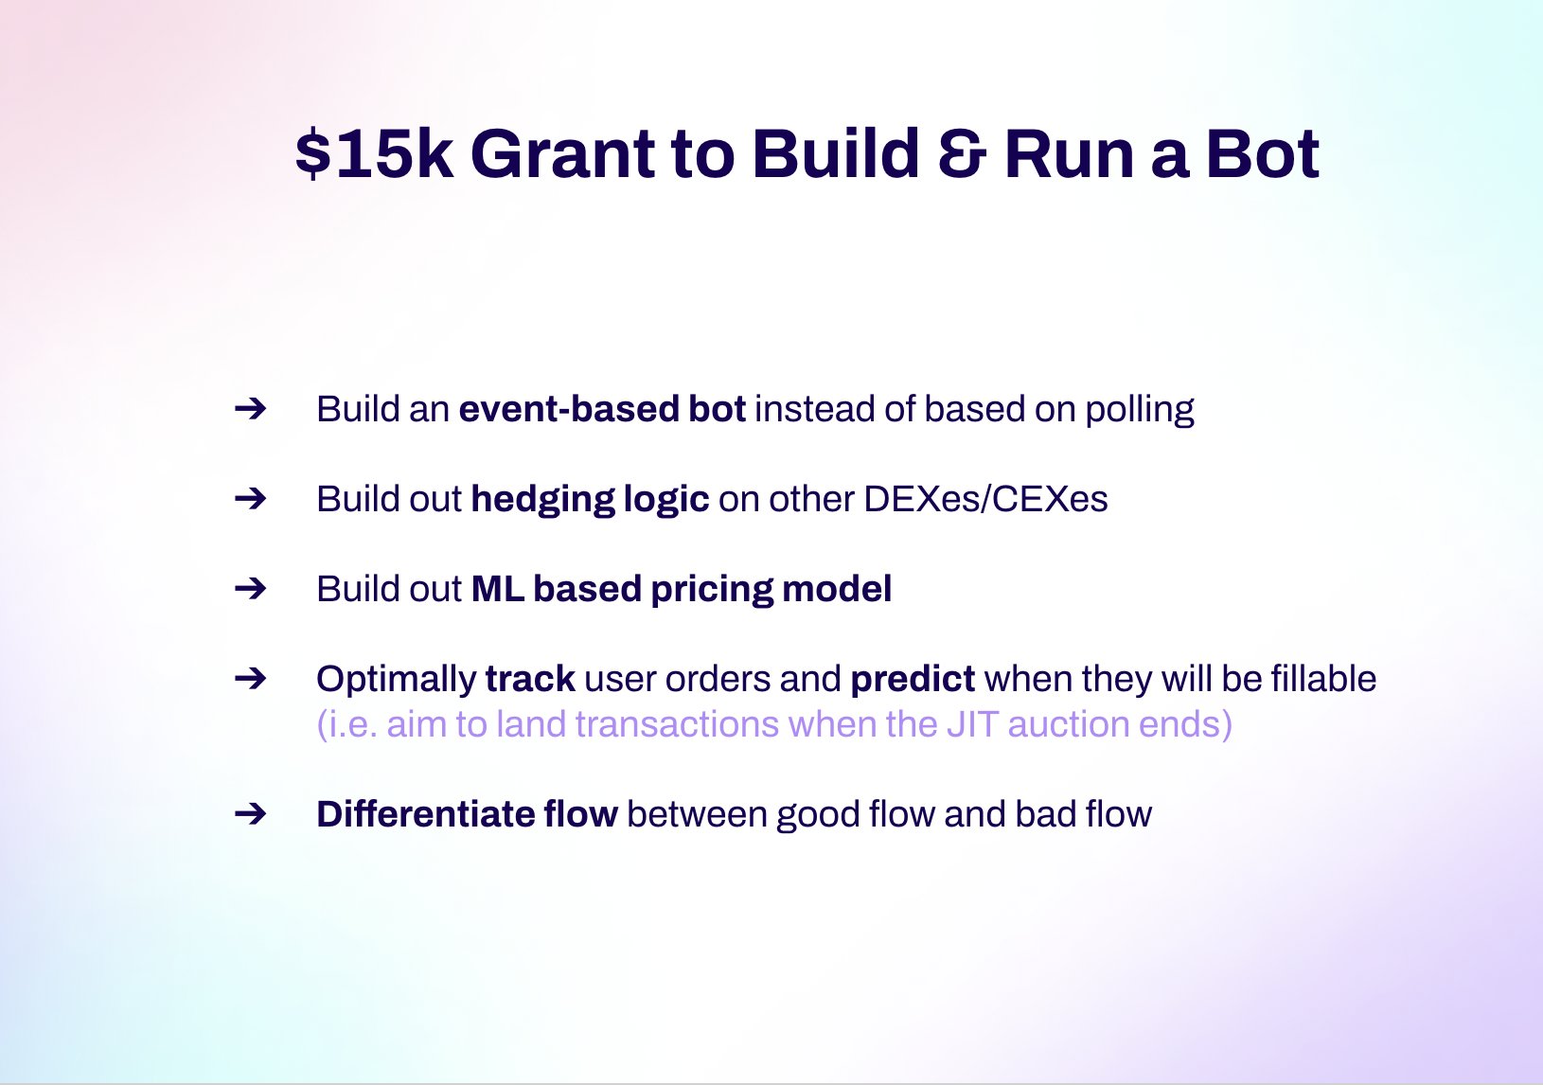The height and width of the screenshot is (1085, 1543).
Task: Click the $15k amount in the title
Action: click(374, 153)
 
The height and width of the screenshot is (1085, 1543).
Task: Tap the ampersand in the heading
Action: click(962, 153)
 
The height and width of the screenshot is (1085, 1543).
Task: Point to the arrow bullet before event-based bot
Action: click(250, 409)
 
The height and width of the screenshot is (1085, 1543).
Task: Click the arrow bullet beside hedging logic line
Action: click(250, 499)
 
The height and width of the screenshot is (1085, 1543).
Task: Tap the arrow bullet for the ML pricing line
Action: click(250, 589)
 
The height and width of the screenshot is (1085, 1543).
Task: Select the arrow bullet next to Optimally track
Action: click(250, 679)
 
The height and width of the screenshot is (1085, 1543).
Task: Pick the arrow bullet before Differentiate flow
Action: click(250, 814)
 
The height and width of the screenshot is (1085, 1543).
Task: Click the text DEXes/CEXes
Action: click(985, 499)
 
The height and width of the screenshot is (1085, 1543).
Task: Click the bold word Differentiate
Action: click(425, 813)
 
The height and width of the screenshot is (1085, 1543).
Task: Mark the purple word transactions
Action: click(677, 724)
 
